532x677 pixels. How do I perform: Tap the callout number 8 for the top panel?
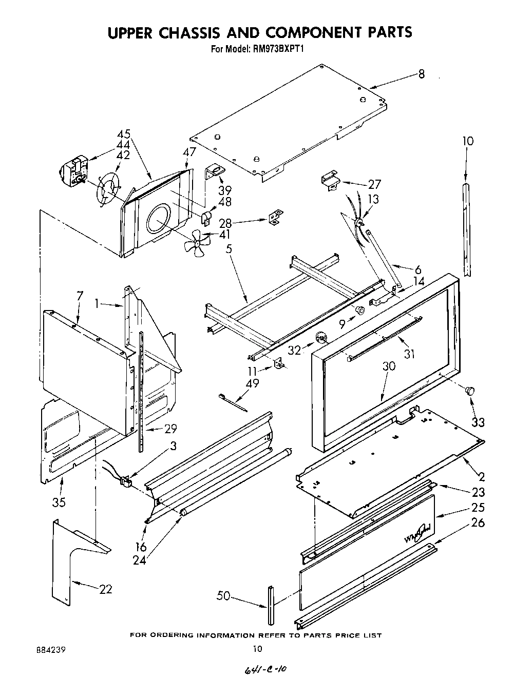click(421, 74)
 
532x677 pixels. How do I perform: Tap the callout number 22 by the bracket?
click(105, 589)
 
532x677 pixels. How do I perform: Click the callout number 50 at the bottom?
click(223, 596)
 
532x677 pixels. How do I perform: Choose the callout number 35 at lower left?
click(59, 501)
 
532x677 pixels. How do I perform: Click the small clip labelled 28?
click(276, 217)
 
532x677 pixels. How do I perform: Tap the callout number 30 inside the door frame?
click(389, 366)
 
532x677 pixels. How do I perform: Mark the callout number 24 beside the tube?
click(139, 559)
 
